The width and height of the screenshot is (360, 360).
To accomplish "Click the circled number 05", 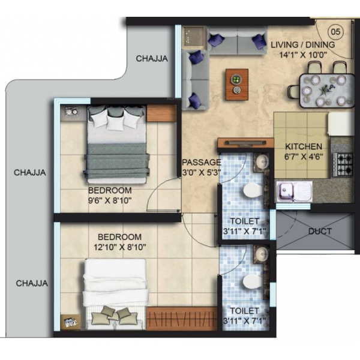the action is [336, 31].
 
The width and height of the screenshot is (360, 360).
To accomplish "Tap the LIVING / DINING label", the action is [303, 44].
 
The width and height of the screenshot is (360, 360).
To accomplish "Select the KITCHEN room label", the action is [304, 146].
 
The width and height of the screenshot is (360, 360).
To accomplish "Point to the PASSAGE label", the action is [202, 162].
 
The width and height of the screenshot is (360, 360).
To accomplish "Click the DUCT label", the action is [320, 231].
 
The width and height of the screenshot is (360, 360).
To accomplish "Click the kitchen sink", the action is [295, 191].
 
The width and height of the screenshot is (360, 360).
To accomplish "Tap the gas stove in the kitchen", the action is [343, 164].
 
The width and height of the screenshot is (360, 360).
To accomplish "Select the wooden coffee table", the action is [237, 84].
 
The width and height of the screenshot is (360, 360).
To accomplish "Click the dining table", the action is [327, 91].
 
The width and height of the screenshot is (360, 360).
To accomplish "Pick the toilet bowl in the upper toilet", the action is [252, 190].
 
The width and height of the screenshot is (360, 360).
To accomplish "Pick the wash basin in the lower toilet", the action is [262, 254].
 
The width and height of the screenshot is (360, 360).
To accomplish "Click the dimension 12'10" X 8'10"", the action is [120, 247].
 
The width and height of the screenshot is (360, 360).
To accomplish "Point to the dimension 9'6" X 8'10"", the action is [110, 200].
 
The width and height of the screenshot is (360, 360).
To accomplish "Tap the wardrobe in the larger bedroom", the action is [182, 319].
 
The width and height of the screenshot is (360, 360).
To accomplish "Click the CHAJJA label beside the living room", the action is [152, 59].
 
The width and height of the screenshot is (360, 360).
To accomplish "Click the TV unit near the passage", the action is [245, 143].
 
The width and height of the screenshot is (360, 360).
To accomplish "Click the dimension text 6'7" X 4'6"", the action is [304, 157].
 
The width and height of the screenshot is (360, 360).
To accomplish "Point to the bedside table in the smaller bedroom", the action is [72, 112].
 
